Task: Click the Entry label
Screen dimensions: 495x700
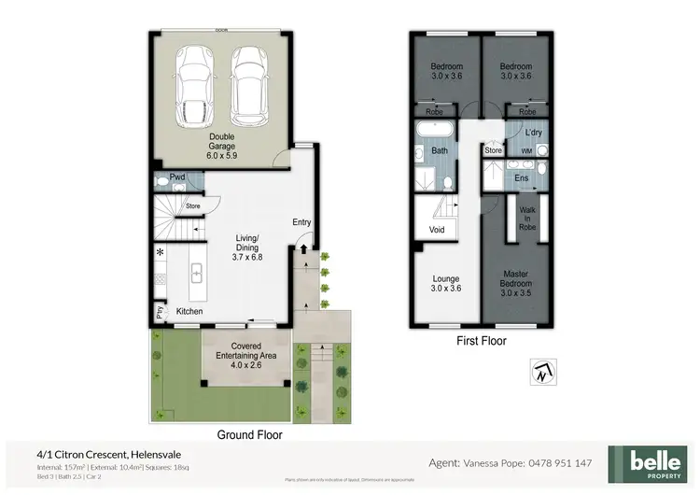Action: pyautogui.click(x=302, y=222)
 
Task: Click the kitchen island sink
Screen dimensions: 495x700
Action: pyautogui.click(x=198, y=273)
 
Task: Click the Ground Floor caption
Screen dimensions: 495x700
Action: pyautogui.click(x=249, y=434)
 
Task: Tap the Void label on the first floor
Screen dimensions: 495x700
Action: pyautogui.click(x=437, y=229)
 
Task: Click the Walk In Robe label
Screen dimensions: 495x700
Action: pyautogui.click(x=528, y=219)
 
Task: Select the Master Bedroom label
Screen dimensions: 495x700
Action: pyautogui.click(x=515, y=288)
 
